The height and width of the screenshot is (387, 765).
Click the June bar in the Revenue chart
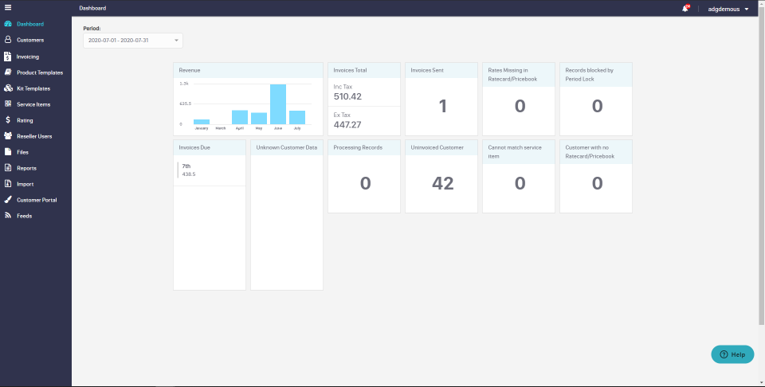pyautogui.click(x=278, y=104)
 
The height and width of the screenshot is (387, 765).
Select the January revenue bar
pyautogui.click(x=202, y=122)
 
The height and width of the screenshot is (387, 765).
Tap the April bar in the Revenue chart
pyautogui.click(x=240, y=117)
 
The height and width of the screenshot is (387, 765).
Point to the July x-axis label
pyautogui.click(x=297, y=128)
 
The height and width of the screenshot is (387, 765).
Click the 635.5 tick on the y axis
pyautogui.click(x=184, y=104)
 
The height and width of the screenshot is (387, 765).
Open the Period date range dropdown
pyautogui.click(x=132, y=40)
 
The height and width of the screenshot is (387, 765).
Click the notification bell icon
pyautogui.click(x=685, y=9)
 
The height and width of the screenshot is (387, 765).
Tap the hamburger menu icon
pyautogui.click(x=8, y=8)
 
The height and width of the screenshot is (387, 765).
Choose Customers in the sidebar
pyautogui.click(x=30, y=40)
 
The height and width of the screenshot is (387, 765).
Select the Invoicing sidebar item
pyautogui.click(x=28, y=57)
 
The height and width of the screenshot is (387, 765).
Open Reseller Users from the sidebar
pyautogui.click(x=34, y=136)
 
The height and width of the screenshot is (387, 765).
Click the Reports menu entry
pyautogui.click(x=26, y=168)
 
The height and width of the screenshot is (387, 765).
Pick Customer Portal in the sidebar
pyautogui.click(x=37, y=200)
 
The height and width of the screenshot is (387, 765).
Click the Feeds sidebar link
pyautogui.click(x=24, y=216)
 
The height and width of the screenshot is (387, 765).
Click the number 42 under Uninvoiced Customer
pyautogui.click(x=442, y=183)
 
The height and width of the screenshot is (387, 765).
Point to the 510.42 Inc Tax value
pyautogui.click(x=347, y=96)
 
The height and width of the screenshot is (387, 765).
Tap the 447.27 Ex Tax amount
pyautogui.click(x=347, y=124)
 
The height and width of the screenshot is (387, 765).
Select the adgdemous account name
pyautogui.click(x=724, y=9)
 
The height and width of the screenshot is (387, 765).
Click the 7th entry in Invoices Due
pyautogui.click(x=186, y=166)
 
